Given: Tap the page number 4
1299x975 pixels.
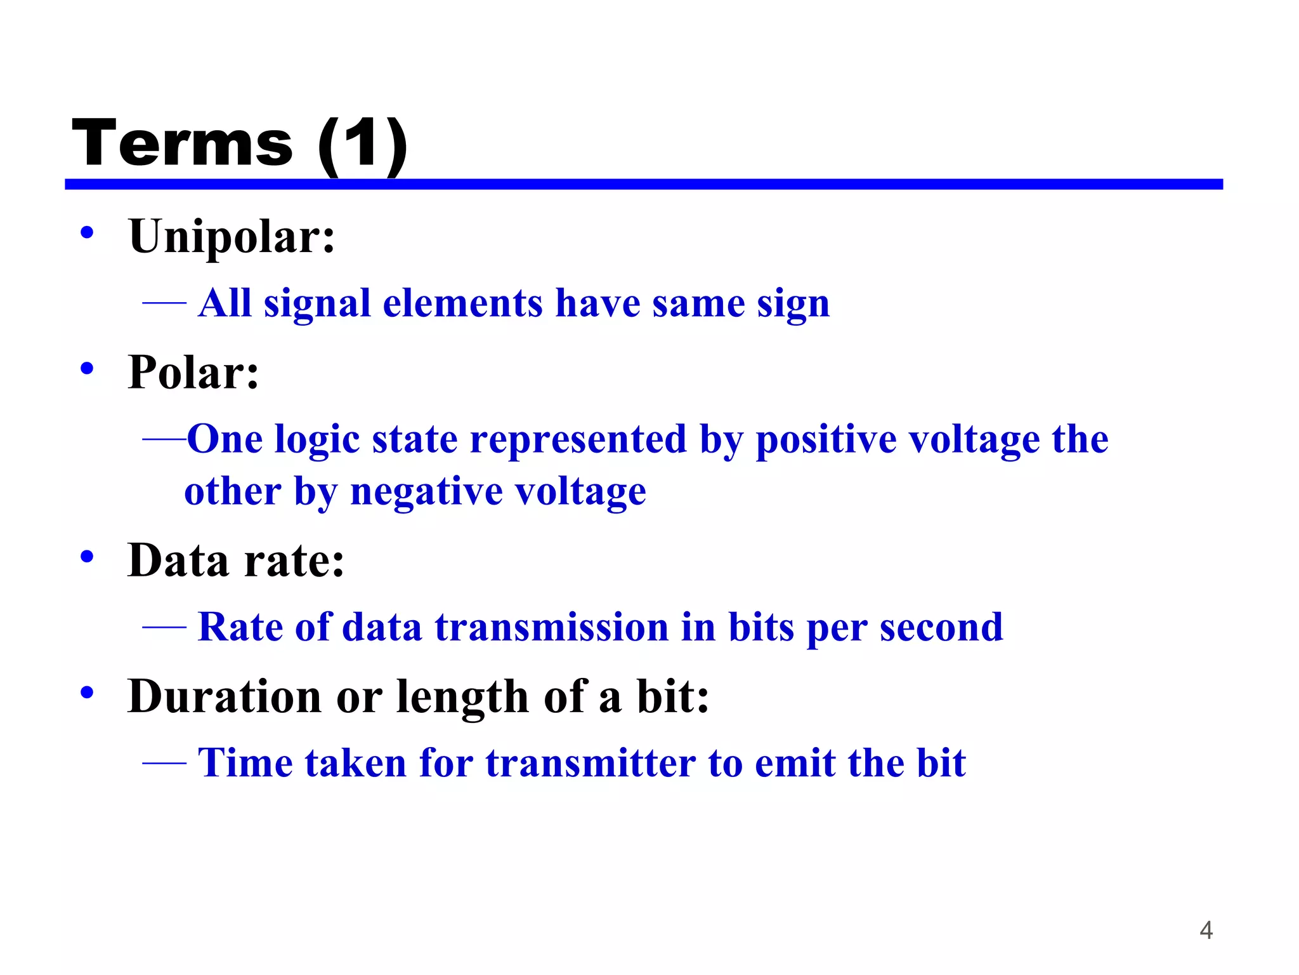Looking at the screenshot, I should pos(1206,931).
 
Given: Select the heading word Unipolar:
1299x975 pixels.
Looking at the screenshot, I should pos(232,236).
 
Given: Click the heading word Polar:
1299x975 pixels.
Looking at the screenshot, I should pos(193,372).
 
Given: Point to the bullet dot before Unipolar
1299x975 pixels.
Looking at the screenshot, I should pos(88,232).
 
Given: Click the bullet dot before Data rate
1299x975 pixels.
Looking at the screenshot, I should pos(88,557).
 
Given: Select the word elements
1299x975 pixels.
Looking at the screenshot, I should pos(462,303).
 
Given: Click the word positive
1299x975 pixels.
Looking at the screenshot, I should pos(826,439).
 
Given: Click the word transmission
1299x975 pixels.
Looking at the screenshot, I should pos(551,627).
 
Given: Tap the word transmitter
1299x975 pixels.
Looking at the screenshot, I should pos(591,762).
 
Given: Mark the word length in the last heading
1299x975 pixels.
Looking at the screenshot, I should pos(462,696).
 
